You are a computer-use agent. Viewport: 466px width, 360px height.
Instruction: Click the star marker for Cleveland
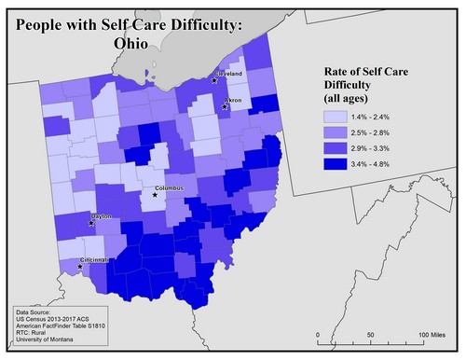pyautogui.click(x=214, y=80)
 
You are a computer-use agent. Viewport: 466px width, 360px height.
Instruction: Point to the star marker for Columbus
pyautogui.click(x=155, y=195)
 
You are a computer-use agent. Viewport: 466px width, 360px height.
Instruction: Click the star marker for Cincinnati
pyautogui.click(x=80, y=267)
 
